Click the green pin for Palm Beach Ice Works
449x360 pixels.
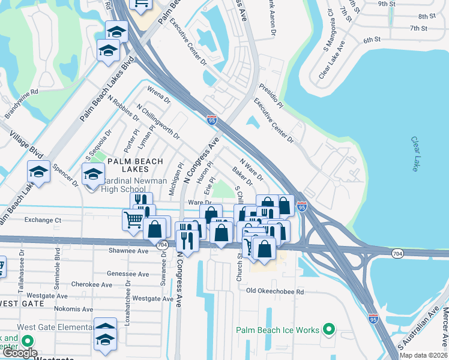point(328,329)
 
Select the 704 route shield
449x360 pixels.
point(161,245)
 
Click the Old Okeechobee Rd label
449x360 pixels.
point(276,292)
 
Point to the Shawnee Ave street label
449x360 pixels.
point(128,251)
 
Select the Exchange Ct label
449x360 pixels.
point(43,220)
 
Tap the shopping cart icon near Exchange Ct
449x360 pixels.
point(133,219)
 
